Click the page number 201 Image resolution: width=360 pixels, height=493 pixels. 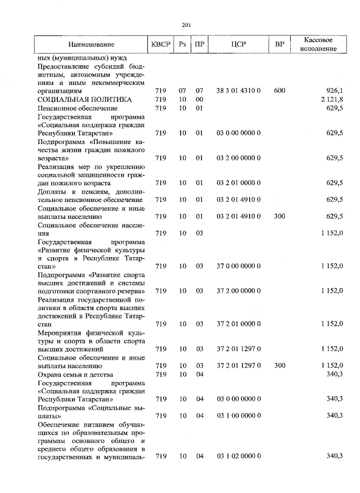[x=187, y=24]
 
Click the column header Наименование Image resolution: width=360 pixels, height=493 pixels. [x=91, y=44]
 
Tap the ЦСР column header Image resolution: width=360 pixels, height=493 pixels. [x=238, y=44]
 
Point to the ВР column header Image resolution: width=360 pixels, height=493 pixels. [x=279, y=44]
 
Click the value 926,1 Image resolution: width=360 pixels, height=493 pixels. [x=334, y=91]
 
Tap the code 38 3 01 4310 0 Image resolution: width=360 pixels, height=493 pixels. [x=238, y=91]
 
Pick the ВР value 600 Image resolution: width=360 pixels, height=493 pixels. [x=279, y=91]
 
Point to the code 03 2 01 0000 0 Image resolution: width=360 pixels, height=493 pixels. [x=238, y=183]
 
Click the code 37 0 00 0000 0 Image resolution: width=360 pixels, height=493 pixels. [x=238, y=266]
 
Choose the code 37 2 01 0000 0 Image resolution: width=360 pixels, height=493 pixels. [x=238, y=324]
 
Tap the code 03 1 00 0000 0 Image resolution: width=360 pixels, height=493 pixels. [x=238, y=415]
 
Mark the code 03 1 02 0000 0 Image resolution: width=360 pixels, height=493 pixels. [x=238, y=456]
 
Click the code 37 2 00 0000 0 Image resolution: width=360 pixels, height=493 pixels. [x=238, y=291]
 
